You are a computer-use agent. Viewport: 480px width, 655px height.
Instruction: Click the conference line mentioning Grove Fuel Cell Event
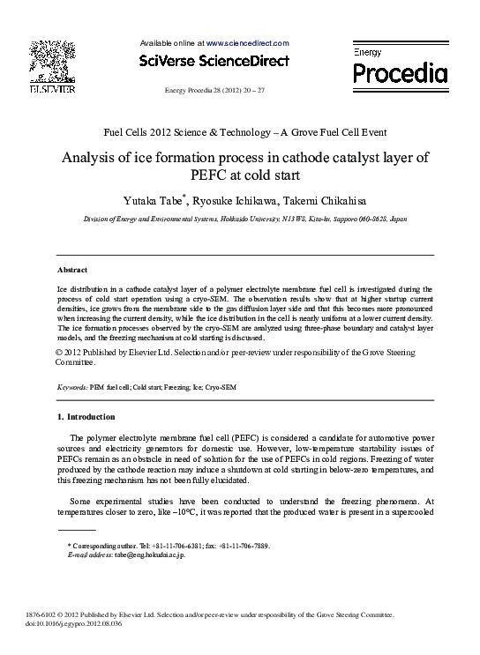pyautogui.click(x=245, y=132)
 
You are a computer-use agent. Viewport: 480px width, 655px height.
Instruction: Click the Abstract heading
pyautogui.click(x=72, y=270)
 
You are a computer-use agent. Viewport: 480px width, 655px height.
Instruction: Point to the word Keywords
pyautogui.click(x=71, y=387)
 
